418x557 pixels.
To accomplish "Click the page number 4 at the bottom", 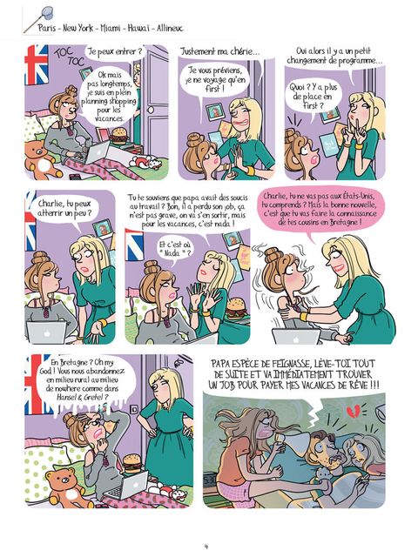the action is pos(206,547).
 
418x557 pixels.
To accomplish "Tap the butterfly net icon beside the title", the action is pos(38,20).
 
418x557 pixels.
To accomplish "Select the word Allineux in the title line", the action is pos(170,28).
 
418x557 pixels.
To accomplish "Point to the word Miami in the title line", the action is pos(111,28).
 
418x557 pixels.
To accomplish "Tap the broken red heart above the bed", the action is pos(353,411).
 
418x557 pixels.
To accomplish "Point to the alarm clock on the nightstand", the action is pos(212,481).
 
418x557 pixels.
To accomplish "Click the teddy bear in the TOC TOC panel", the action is pos(41,158).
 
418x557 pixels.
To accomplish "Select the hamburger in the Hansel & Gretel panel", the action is pos(132,463).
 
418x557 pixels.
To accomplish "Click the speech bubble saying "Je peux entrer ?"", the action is pos(115,52).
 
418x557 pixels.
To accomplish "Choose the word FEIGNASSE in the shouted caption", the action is pos(290,364).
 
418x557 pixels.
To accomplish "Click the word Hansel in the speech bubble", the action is pos(66,397).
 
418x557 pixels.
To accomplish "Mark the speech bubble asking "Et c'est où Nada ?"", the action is pos(174,250).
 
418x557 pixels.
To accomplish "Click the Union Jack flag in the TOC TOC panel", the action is pos(36,65).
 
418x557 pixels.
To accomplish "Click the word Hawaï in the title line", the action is pos(138,28).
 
